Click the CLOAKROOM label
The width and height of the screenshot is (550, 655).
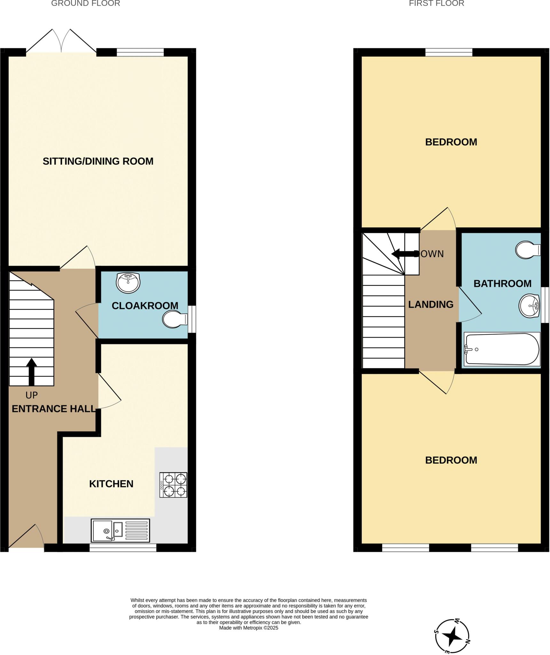[145, 306]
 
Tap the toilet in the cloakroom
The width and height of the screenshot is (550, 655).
[174, 319]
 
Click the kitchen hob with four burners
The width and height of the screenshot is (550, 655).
[173, 485]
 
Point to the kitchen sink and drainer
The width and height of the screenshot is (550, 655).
[120, 530]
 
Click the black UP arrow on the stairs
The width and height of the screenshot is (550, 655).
[31, 372]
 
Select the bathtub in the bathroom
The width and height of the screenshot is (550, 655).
[502, 349]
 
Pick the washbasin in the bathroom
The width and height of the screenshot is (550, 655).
[529, 306]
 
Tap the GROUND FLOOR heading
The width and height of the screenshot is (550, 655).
[86, 4]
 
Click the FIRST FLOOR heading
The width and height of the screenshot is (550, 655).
[436, 4]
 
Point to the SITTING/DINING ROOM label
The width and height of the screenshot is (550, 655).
[98, 161]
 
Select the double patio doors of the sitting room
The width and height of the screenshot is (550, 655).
[61, 42]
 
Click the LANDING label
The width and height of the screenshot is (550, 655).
[431, 304]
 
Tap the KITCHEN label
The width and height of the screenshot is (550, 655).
[111, 484]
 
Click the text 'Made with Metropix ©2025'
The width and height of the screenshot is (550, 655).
[248, 628]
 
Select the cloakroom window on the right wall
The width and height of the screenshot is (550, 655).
[192, 319]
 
